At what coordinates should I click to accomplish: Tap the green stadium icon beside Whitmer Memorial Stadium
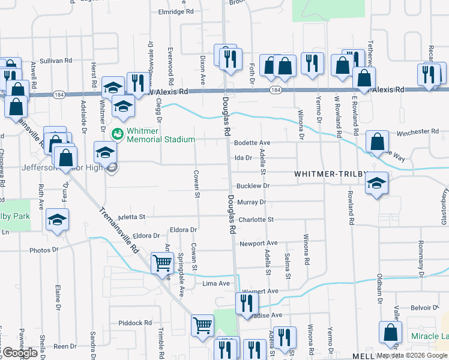118,133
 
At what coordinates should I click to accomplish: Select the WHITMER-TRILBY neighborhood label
330,173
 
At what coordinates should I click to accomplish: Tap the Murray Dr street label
251,203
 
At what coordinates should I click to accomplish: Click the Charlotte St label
256,220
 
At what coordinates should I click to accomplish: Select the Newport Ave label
258,244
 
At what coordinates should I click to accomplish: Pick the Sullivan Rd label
56,61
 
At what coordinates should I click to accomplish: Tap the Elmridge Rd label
175,11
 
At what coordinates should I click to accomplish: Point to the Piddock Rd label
135,323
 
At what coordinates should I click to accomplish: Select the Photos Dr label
43,249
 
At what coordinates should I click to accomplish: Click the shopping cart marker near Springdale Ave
162,262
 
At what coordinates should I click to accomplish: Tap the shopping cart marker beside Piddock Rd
202,325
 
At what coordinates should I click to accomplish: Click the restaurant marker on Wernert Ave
247,303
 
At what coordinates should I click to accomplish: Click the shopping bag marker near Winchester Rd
376,142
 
